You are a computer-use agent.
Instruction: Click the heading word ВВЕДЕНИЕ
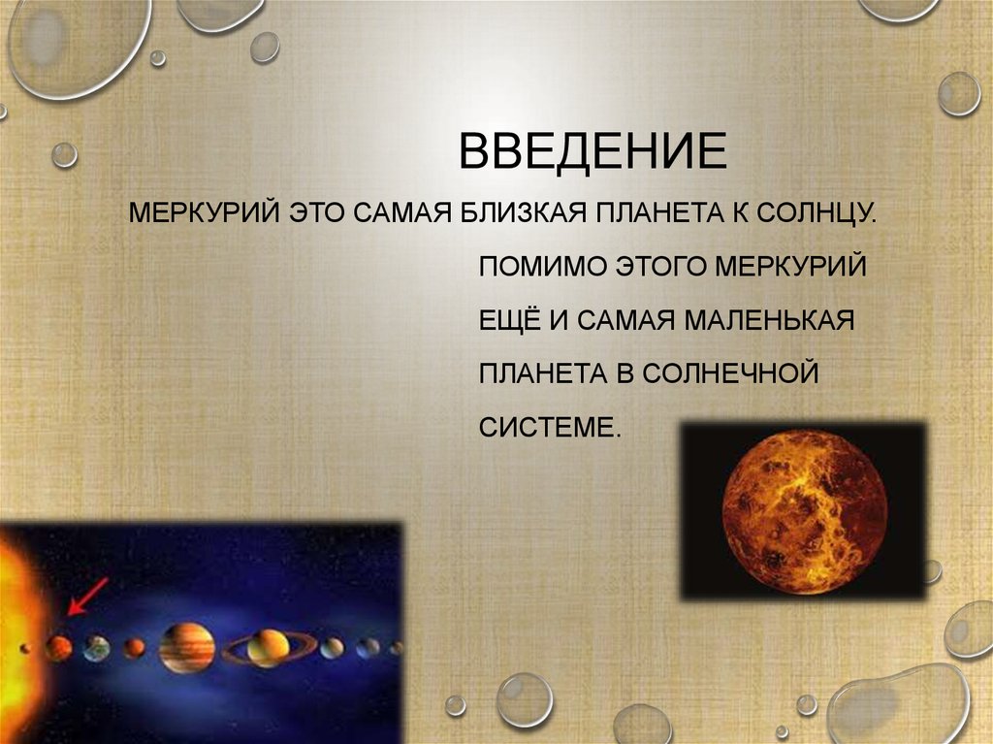592,152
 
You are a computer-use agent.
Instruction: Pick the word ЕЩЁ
508,320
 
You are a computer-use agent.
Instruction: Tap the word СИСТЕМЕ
549,427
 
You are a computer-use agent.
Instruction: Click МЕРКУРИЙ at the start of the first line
204,211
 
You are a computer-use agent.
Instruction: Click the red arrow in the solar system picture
86,596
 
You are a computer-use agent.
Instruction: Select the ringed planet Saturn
269,647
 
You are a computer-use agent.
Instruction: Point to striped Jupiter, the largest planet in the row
187,647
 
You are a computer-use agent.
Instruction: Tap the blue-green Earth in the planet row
96,648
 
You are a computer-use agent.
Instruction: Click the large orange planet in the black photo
806,512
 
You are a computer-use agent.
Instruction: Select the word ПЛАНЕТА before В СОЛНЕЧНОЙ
542,373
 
